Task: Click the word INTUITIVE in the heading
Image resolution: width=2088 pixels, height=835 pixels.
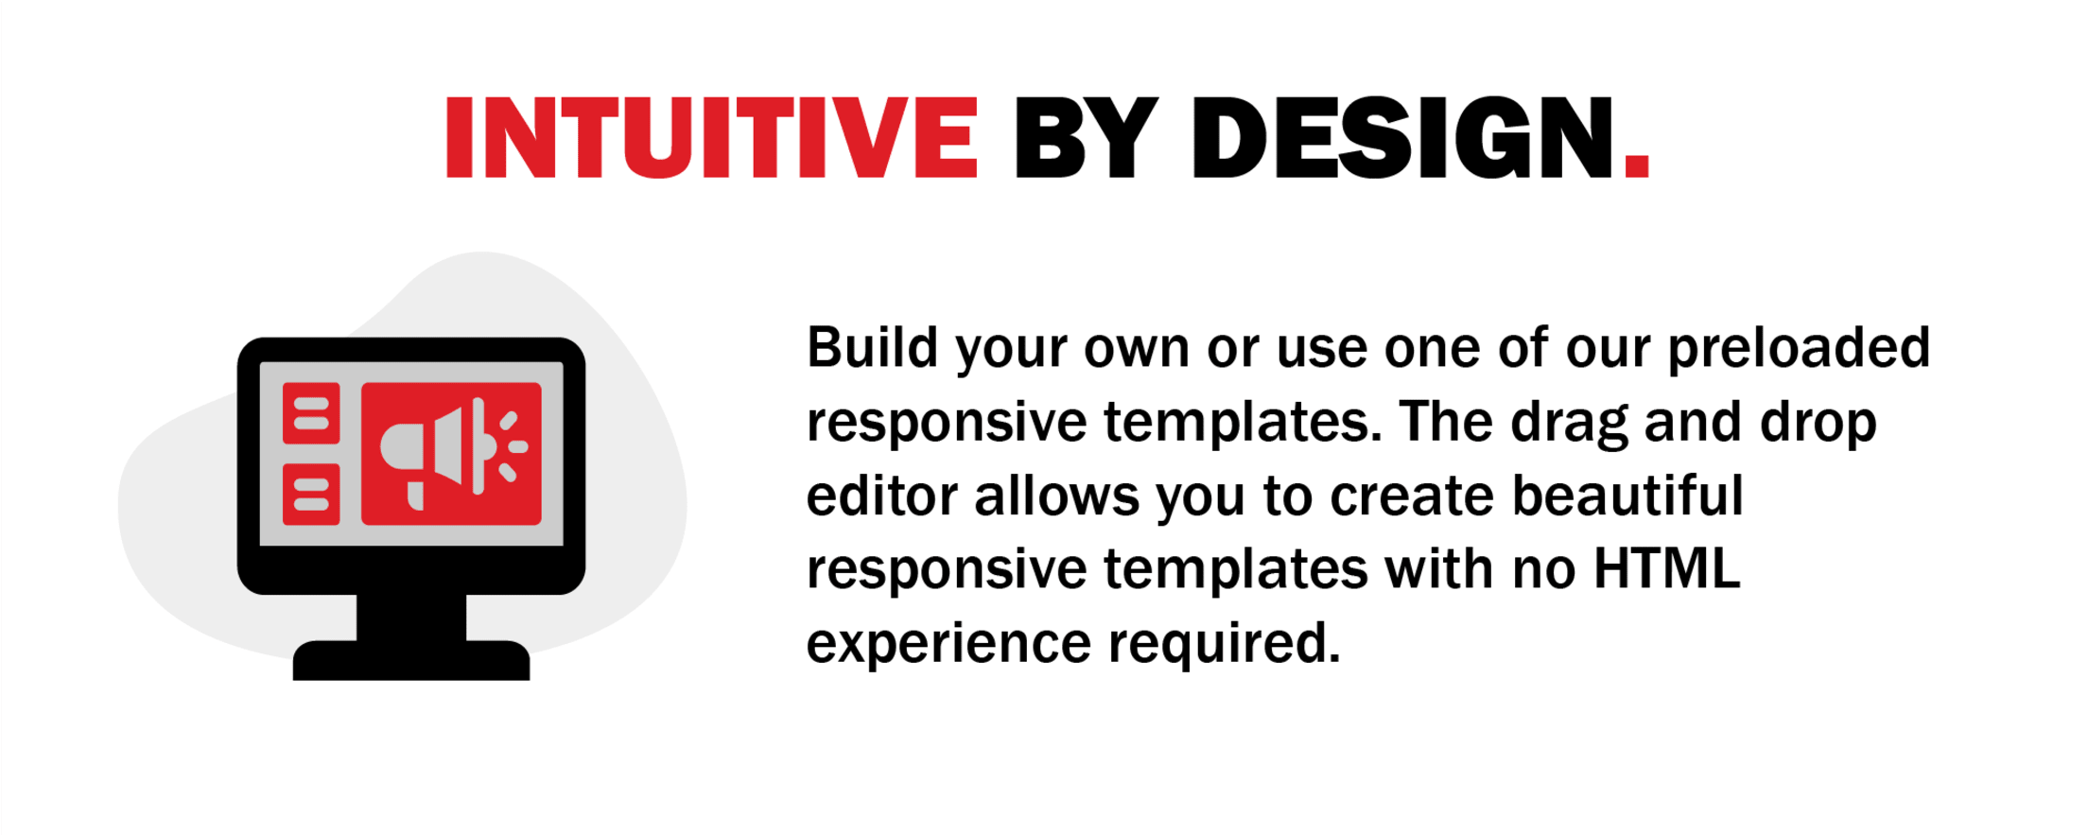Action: coord(711,138)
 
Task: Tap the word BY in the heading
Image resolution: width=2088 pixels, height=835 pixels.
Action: coord(1086,138)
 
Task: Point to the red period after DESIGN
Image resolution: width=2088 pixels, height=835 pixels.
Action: coord(1637,166)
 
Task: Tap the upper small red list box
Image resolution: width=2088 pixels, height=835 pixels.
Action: coord(311,413)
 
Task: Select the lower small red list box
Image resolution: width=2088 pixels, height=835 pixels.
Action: coord(311,495)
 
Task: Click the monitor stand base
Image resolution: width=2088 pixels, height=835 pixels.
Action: coord(411,661)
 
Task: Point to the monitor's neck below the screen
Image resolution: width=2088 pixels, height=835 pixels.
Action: coord(411,618)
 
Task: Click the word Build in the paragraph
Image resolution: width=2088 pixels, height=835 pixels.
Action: coord(872,347)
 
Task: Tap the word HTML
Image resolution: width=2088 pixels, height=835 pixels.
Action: coord(1667,568)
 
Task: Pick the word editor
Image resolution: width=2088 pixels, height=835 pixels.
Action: coord(882,495)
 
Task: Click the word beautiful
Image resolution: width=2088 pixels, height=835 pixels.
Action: coord(1627,495)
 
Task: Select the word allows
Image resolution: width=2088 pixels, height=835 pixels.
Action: coord(1057,495)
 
